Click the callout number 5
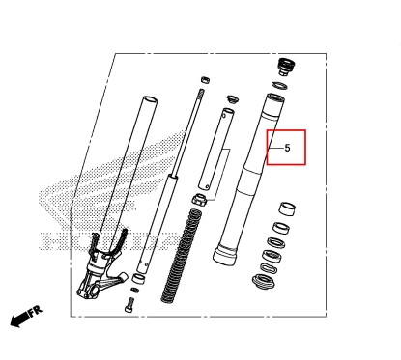pyautogui.click(x=286, y=149)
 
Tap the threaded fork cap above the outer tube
pyautogui.click(x=284, y=67)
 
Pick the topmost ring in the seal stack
pyautogui.click(x=286, y=208)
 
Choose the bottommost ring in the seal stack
pyautogui.click(x=263, y=282)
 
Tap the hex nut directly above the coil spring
pyautogui.click(x=199, y=200)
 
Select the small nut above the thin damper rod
pyautogui.click(x=206, y=79)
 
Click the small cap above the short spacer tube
pyautogui.click(x=232, y=97)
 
